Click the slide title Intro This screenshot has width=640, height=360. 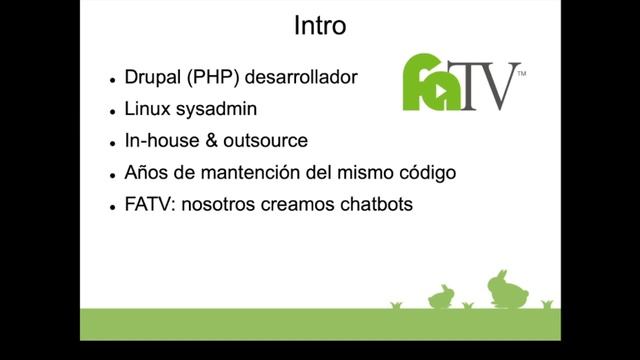coord(320,26)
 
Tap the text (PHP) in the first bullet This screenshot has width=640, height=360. coord(205,77)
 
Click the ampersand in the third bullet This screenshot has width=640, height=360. coord(211,141)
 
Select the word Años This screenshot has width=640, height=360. coord(147,173)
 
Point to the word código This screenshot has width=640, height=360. coord(425,173)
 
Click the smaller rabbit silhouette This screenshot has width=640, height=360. coord(441,296)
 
